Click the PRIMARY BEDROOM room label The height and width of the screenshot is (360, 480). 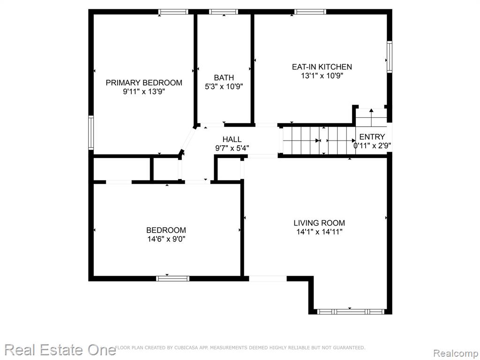[x=144, y=82]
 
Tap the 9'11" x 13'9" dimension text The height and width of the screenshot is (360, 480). [x=144, y=91]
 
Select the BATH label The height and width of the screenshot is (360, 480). [x=224, y=78]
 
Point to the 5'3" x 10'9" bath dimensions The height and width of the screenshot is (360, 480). [x=224, y=87]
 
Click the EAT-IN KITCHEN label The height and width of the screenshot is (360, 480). [x=322, y=67]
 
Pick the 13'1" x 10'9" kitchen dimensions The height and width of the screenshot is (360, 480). [x=322, y=75]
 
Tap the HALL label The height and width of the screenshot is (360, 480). [x=232, y=140]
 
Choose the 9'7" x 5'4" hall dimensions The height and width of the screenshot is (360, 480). [x=232, y=149]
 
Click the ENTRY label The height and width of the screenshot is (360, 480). [x=372, y=137]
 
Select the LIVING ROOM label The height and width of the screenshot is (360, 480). [x=319, y=223]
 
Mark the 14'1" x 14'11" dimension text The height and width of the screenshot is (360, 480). [x=319, y=232]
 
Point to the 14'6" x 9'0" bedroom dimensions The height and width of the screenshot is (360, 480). [x=166, y=239]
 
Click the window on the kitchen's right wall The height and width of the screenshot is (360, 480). [x=390, y=57]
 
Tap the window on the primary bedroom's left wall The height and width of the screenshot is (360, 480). [x=91, y=133]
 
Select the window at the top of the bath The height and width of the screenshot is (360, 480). [x=224, y=12]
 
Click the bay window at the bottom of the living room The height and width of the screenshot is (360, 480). [x=350, y=312]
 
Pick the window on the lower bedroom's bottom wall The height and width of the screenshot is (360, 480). [x=172, y=278]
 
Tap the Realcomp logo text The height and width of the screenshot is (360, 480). [x=456, y=353]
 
